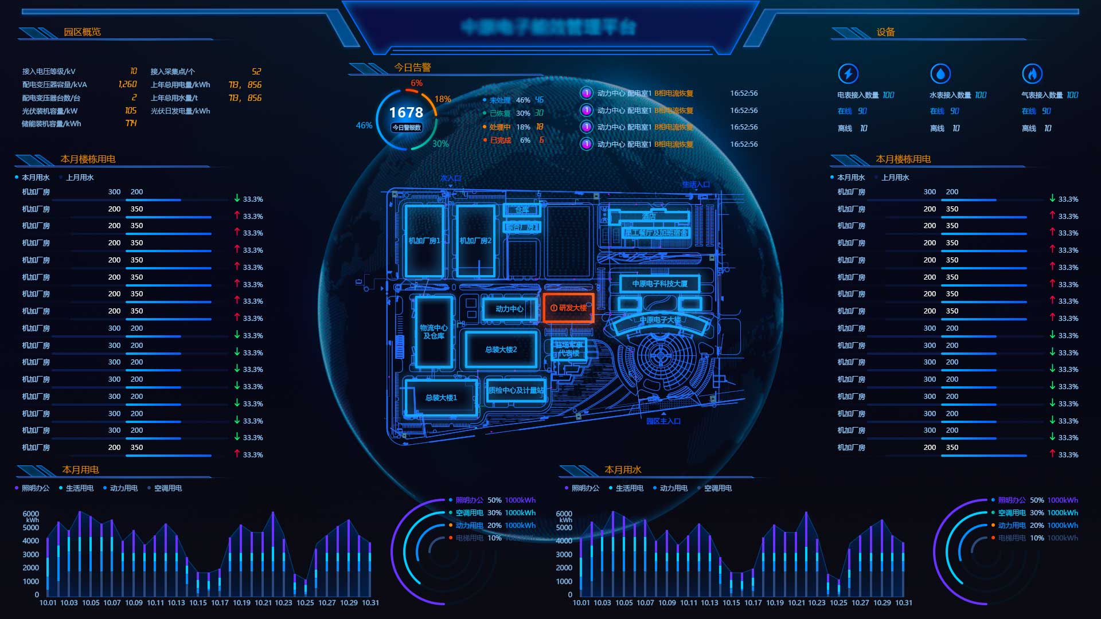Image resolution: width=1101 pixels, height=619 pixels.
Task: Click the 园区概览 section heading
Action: tap(82, 32)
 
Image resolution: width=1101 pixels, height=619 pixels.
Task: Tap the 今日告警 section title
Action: tap(412, 68)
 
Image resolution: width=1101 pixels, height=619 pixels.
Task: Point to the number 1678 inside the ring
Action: tap(406, 112)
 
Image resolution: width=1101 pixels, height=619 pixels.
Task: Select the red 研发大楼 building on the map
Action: tap(568, 308)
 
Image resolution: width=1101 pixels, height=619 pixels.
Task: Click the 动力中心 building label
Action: tap(509, 309)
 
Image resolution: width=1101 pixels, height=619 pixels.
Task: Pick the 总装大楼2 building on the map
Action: tap(501, 350)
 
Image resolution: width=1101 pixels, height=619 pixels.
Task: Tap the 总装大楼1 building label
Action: tap(441, 398)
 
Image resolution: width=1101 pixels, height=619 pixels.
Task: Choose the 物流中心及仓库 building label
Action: tap(434, 332)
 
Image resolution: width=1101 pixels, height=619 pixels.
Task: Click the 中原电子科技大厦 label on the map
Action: tap(659, 284)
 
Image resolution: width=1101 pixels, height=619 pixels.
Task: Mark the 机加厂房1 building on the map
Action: tap(424, 241)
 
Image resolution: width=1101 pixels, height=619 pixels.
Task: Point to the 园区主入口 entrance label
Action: tap(663, 421)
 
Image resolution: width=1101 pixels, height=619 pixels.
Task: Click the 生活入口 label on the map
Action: tap(696, 185)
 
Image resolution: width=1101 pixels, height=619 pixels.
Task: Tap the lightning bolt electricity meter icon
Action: tap(848, 73)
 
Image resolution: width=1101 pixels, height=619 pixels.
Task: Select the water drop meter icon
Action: tap(940, 73)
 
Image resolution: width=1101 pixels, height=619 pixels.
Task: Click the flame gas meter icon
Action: tap(1032, 73)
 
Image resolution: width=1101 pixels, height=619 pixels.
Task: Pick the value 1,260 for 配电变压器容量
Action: tap(127, 84)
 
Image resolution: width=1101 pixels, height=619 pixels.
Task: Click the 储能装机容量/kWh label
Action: tap(52, 124)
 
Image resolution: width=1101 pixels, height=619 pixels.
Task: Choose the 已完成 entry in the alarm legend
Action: tap(500, 140)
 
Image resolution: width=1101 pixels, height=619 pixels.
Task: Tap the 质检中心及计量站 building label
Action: tap(516, 390)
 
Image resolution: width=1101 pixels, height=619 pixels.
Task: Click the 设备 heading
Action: tap(885, 32)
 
